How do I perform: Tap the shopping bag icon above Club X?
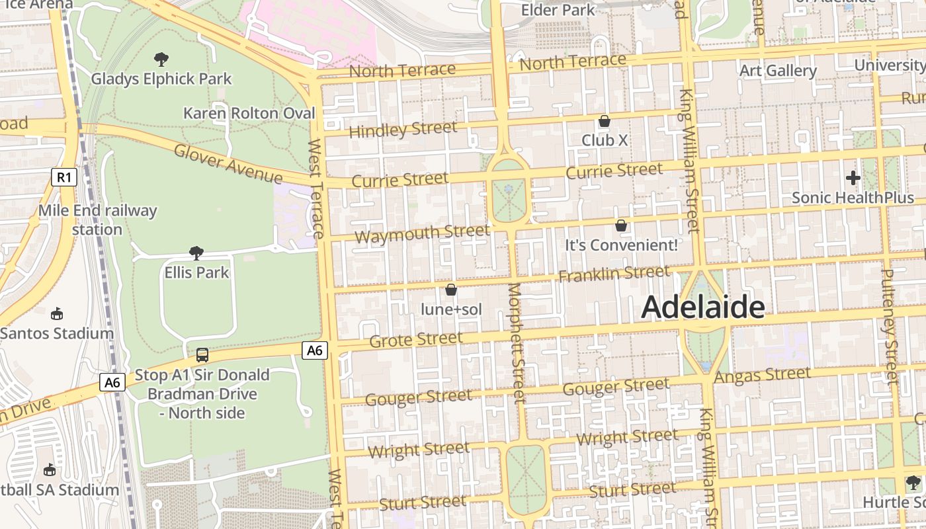(604, 121)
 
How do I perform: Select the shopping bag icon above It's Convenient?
(621, 225)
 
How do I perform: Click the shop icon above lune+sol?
(451, 290)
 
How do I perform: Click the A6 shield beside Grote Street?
(315, 350)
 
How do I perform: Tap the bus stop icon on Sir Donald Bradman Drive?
(202, 354)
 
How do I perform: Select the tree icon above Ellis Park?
(196, 253)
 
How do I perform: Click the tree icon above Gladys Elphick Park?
(161, 60)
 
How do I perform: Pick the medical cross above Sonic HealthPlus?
(853, 177)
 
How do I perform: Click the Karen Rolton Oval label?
(249, 113)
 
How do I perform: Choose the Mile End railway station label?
(97, 220)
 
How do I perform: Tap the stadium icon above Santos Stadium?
(56, 313)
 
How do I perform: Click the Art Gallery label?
(778, 71)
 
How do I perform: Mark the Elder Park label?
(558, 10)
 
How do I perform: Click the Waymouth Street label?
(422, 233)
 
